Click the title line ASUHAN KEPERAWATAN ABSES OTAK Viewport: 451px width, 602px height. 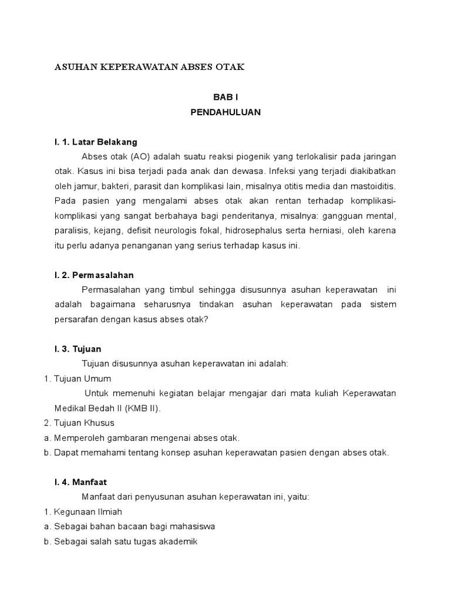149,67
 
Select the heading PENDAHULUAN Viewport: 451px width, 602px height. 225,112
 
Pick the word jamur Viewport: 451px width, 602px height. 85,187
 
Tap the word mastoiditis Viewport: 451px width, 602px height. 374,187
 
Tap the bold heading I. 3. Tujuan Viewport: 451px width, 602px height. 77,349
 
